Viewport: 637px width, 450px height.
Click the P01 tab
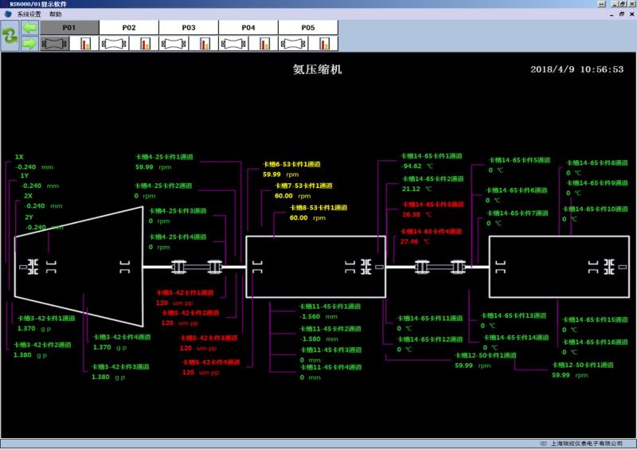[x=69, y=27]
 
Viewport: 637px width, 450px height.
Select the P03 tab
[x=189, y=27]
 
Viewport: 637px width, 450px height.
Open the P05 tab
[x=308, y=27]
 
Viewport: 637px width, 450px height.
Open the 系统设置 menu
[x=29, y=14]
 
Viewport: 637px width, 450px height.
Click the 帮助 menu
[x=55, y=14]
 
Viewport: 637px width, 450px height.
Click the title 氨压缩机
[x=318, y=69]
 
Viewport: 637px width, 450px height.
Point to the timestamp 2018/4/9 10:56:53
[x=576, y=69]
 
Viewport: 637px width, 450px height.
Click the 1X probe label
[x=20, y=157]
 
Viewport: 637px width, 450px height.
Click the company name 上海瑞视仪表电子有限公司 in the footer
[x=585, y=443]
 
